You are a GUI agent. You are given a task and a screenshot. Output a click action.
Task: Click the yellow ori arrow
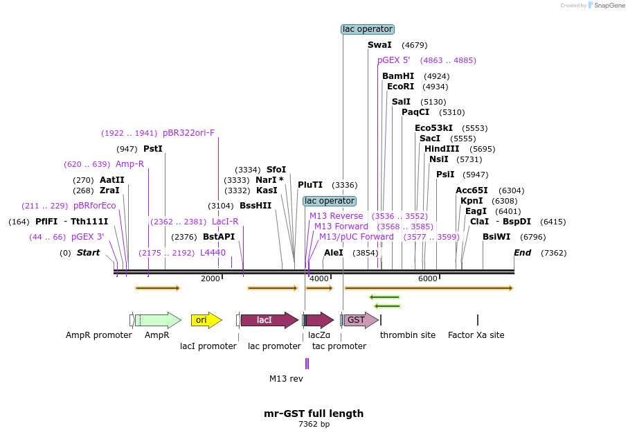(206, 320)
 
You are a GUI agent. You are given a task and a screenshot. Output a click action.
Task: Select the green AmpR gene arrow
(158, 320)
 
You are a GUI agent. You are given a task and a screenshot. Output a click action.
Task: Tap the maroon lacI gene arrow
(267, 320)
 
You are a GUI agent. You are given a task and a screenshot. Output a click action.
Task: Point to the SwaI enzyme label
(379, 45)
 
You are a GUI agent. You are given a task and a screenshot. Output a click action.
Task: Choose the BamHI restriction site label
(398, 76)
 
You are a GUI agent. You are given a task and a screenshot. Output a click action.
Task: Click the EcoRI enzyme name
(400, 87)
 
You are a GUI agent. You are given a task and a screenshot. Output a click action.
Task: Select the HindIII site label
(442, 149)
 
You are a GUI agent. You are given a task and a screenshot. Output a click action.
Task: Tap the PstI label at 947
(153, 149)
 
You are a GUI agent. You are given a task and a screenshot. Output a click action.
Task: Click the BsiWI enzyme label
(496, 237)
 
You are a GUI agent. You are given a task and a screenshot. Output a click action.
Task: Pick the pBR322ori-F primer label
(188, 133)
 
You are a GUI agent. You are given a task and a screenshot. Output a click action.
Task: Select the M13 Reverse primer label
(336, 216)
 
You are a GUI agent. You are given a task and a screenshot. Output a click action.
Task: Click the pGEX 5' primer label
(393, 60)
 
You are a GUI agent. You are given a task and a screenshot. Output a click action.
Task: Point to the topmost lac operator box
(368, 29)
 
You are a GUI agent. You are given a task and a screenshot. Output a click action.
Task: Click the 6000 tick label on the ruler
(428, 278)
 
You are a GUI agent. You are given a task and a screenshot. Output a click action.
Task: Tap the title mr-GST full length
(314, 414)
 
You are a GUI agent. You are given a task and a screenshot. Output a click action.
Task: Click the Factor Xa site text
(476, 335)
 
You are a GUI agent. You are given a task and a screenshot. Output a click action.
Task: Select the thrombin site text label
(408, 335)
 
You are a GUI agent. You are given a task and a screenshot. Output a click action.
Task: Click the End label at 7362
(522, 253)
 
